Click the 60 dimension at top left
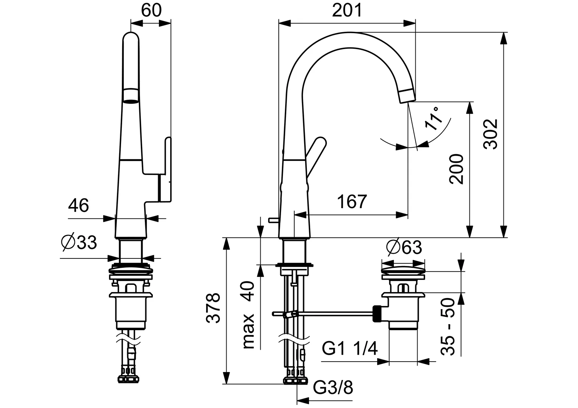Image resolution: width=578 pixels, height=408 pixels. [x=151, y=11]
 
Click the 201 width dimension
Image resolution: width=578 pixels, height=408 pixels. [x=347, y=11]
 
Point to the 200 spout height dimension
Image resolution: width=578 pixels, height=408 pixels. [x=457, y=169]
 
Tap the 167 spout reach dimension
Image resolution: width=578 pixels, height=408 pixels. [x=352, y=202]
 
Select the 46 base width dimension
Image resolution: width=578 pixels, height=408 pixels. [x=79, y=206]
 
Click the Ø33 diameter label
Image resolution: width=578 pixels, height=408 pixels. [x=79, y=243]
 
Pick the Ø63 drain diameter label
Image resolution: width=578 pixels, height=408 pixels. [x=404, y=248]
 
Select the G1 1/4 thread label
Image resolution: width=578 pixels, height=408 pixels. [x=350, y=348]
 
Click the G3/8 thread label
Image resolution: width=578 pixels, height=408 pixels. [x=333, y=387]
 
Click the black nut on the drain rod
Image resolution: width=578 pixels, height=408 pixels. [x=377, y=313]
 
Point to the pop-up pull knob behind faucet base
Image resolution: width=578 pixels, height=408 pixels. [x=272, y=219]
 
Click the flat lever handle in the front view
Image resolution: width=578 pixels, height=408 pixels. [x=166, y=170]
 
